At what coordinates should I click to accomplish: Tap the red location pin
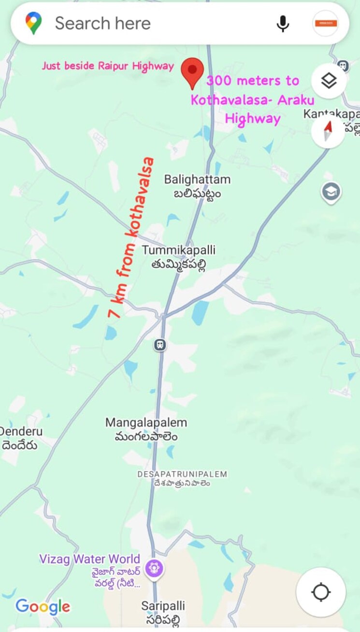click(192, 72)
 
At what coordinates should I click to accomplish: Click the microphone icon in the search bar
click(283, 23)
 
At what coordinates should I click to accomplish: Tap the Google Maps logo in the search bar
click(34, 23)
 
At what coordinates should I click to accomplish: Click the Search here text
click(102, 23)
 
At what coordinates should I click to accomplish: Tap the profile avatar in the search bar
click(325, 23)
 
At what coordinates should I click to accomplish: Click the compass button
click(328, 131)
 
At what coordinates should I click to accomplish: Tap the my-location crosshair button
click(321, 592)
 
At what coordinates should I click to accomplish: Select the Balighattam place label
click(197, 186)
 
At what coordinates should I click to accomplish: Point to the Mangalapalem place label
click(146, 429)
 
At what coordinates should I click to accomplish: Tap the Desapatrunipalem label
click(182, 478)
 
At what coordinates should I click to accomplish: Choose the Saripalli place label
click(163, 612)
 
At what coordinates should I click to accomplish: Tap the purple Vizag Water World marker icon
click(154, 566)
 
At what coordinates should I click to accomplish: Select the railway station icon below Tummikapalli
click(160, 345)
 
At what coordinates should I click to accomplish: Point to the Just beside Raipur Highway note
click(108, 66)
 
